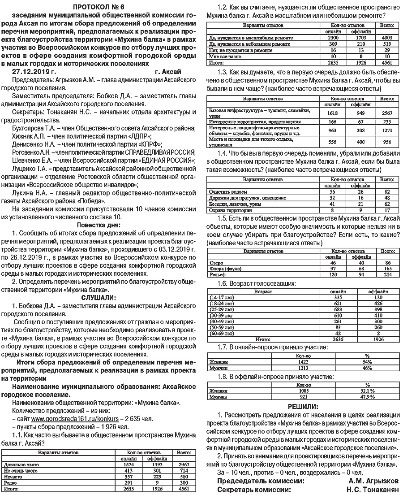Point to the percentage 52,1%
(367, 391)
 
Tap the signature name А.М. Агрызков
(373, 481)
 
